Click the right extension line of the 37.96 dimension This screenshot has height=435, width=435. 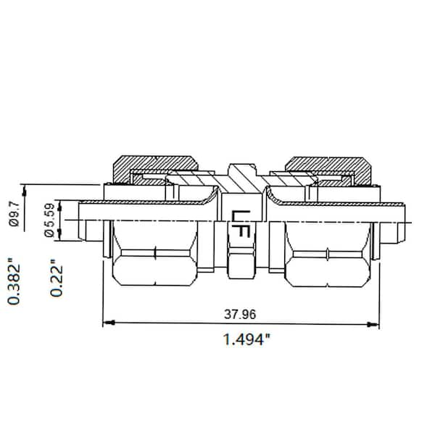(379, 290)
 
